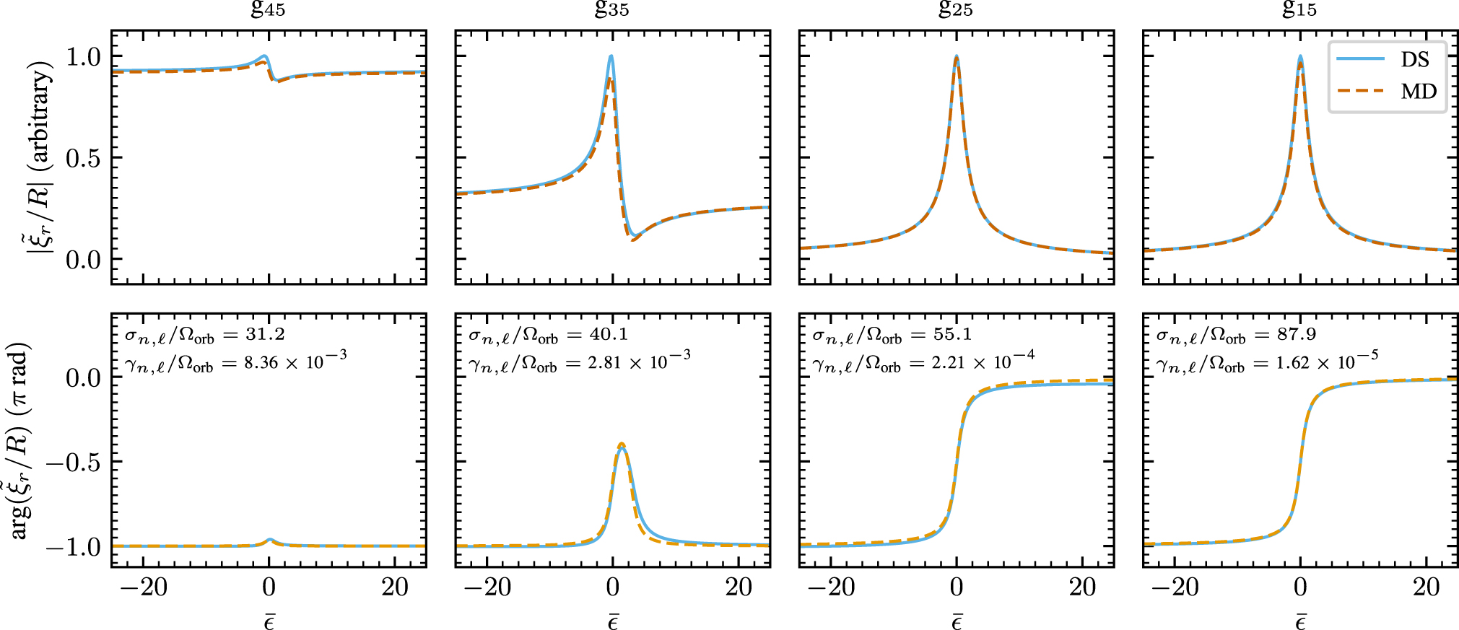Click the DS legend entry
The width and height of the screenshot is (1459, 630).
(1414, 59)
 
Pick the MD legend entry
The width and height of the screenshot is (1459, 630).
(1418, 92)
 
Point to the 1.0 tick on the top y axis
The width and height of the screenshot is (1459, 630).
(84, 56)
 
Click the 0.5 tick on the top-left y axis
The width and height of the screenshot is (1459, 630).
(84, 158)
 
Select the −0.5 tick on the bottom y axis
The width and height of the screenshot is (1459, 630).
(73, 462)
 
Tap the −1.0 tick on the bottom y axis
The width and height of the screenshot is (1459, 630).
(73, 547)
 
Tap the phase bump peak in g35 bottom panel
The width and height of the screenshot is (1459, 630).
(622, 446)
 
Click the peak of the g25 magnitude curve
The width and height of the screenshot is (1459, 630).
(957, 57)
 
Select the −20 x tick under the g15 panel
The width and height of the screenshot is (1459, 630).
(1175, 587)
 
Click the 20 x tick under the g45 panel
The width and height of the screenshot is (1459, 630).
(395, 587)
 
